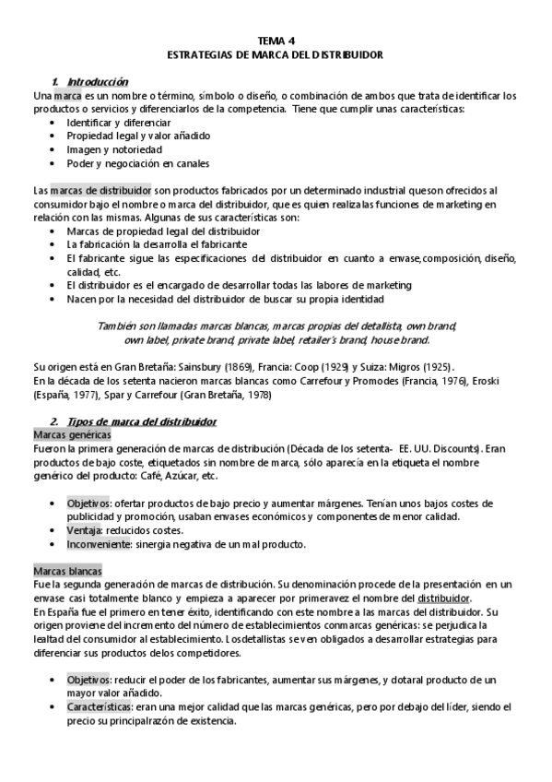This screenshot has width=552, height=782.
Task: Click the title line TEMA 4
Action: (276, 41)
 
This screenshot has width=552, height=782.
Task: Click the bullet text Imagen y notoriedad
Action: (114, 149)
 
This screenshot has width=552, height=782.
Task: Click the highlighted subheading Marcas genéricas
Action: (72, 434)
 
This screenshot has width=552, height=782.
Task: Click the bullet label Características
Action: (99, 706)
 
